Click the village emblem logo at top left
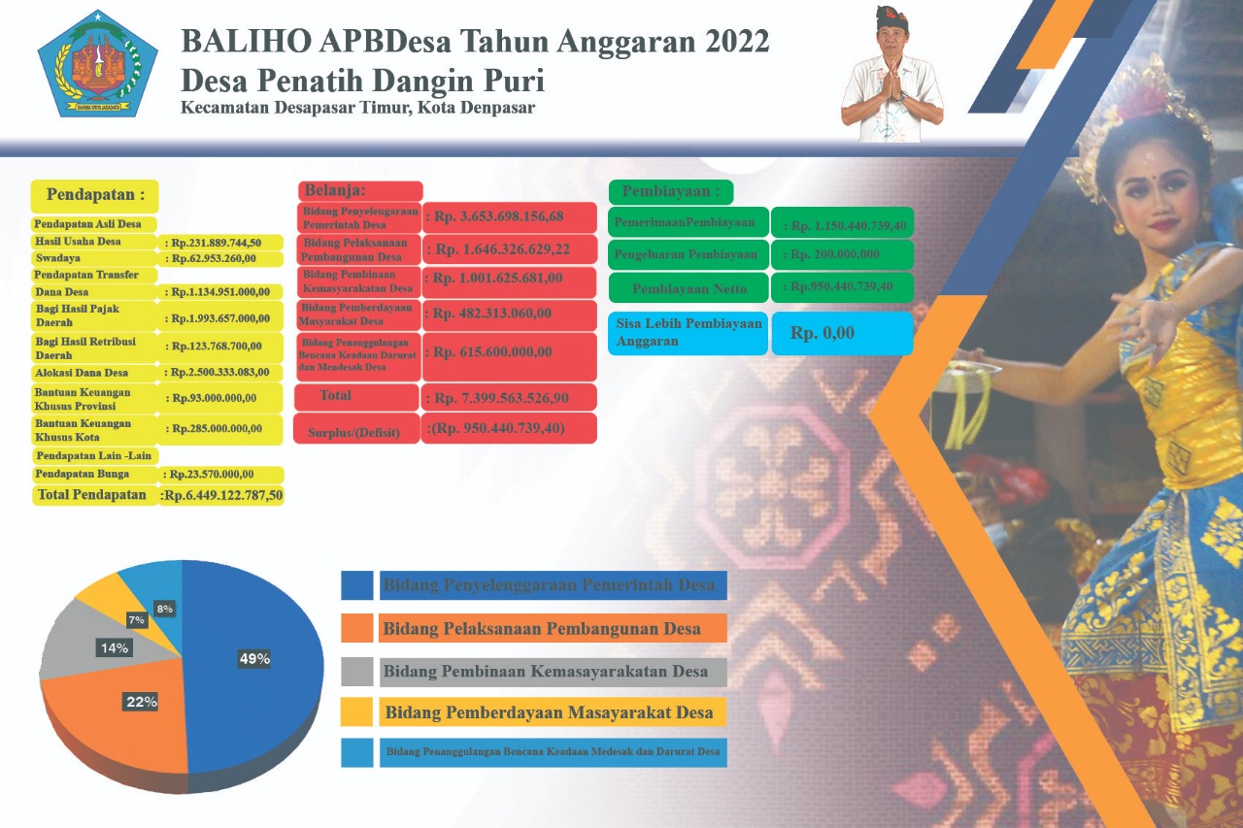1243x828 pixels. [x=96, y=65]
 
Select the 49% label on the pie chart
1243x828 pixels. [x=254, y=659]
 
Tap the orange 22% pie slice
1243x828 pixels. [x=117, y=718]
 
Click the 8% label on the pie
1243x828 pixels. [x=165, y=609]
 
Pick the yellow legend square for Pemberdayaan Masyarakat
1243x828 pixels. [x=356, y=712]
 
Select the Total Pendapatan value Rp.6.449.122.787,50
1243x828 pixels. [x=222, y=495]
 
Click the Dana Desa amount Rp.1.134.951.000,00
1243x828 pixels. [x=222, y=291]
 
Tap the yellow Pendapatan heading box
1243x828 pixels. [x=94, y=195]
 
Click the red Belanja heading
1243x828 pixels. [x=360, y=190]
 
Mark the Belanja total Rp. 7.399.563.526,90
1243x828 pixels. [x=509, y=396]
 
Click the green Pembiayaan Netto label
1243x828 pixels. [x=689, y=288]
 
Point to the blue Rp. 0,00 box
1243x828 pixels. [x=841, y=333]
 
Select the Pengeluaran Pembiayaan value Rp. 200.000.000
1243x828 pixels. [x=841, y=254]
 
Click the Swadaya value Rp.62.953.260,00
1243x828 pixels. [x=222, y=258]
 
